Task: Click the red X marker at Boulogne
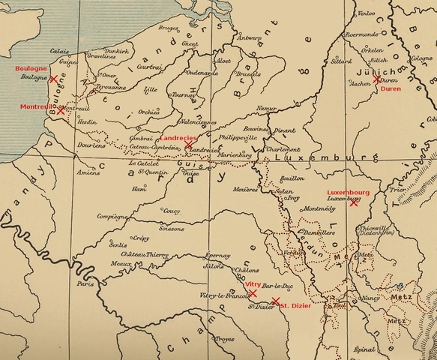tap(53, 78)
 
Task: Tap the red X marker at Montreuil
tap(61, 110)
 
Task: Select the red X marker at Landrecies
tap(178, 145)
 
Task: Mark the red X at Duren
tap(377, 79)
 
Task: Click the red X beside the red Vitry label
tap(253, 292)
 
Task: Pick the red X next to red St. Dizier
tap(275, 301)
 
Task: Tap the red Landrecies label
tap(178, 139)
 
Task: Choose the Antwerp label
tap(249, 36)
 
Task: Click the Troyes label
tap(224, 338)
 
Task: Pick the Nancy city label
tap(370, 298)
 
